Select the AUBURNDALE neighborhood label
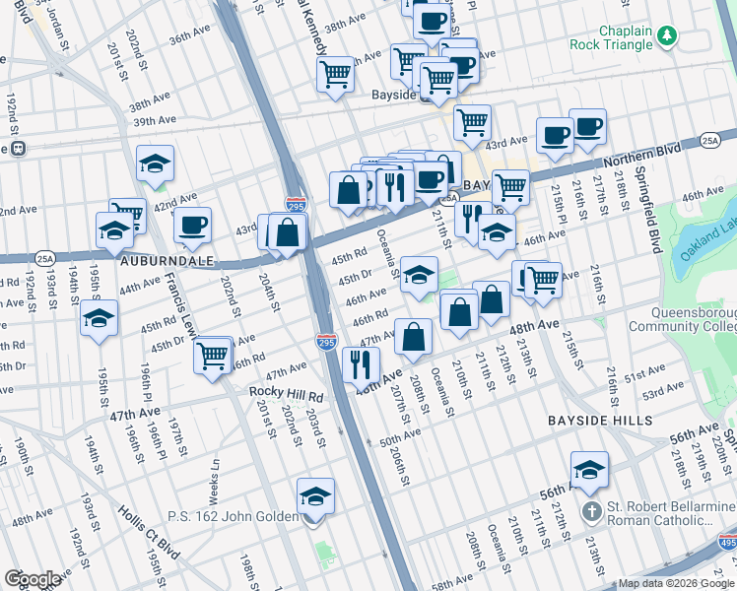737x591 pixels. pyautogui.click(x=160, y=265)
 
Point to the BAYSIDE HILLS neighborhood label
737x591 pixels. pyautogui.click(x=600, y=421)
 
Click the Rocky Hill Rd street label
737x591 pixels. pyautogui.click(x=286, y=396)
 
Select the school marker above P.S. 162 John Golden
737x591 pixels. pyautogui.click(x=315, y=494)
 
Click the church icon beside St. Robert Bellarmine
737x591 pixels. pyautogui.click(x=590, y=511)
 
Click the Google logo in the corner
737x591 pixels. pyautogui.click(x=32, y=579)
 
